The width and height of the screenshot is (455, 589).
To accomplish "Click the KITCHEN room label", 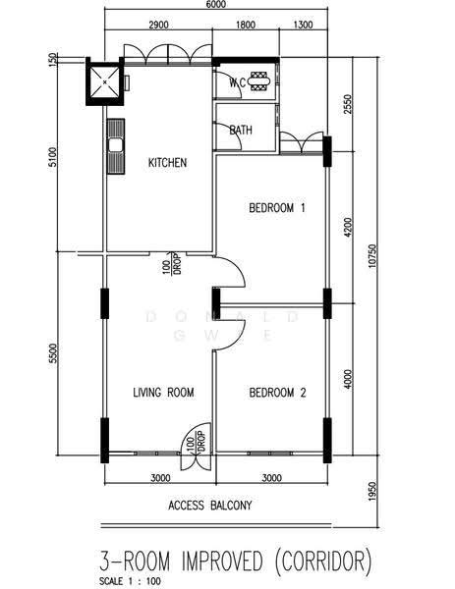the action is coord(167,162).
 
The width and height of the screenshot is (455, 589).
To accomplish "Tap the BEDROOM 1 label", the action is coord(277,207).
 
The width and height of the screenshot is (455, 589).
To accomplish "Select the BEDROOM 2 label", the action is coord(277,393).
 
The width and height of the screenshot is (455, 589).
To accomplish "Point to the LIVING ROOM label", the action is coord(163,392).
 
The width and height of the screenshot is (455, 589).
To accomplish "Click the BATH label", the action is coord(241,130).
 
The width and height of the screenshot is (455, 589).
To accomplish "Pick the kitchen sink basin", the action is coord(116,145).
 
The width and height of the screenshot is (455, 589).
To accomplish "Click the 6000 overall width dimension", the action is coord(216,4).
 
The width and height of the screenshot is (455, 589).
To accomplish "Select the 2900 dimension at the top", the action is coord(158,26).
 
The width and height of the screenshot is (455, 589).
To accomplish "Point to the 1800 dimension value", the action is coord(246,26).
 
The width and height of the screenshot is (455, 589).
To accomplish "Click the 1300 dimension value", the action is coord(303,26).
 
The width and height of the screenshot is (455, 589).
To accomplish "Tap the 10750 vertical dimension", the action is coord(371,256).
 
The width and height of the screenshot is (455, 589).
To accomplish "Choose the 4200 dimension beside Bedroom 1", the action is coord(349,227).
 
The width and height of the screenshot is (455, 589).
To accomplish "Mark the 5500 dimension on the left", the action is coord(54,353).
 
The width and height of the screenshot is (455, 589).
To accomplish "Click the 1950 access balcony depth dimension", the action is coord(371,491).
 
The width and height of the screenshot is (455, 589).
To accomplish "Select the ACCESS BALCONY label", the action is coord(210,506).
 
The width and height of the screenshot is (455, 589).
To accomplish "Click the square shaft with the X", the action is coord(104,81).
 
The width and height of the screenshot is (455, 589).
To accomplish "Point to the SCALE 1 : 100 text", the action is coord(130,581).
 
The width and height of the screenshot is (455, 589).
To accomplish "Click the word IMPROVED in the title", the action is coord(222,562).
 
